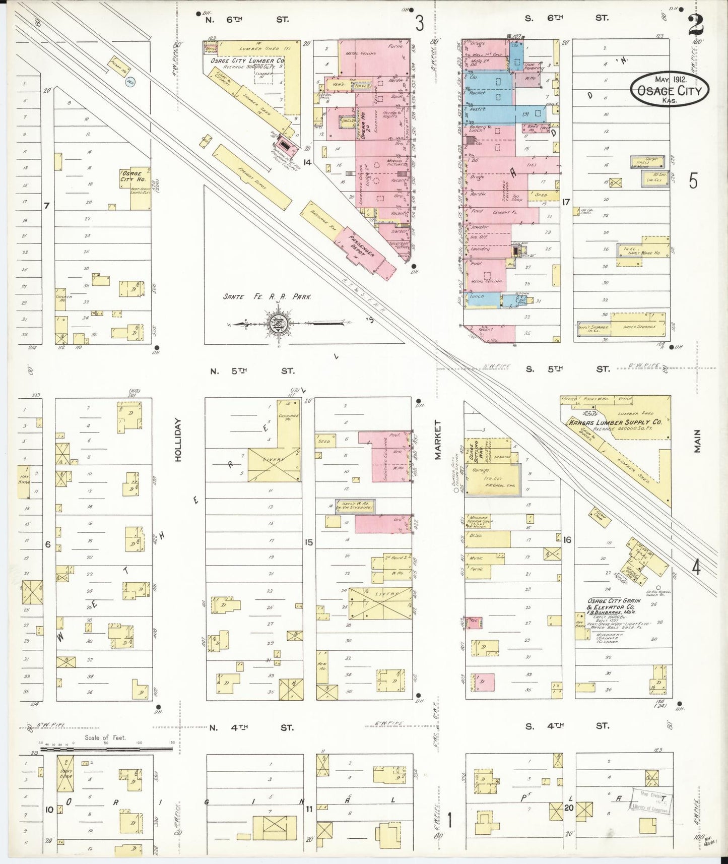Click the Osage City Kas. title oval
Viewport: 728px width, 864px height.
[x=669, y=89]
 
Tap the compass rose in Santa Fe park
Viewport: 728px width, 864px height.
[x=277, y=323]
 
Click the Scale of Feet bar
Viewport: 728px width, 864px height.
[x=106, y=749]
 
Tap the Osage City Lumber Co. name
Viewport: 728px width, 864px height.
[x=246, y=60]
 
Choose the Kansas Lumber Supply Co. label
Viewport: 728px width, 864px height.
[x=615, y=422]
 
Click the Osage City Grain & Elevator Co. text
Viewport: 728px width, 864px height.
[x=613, y=603]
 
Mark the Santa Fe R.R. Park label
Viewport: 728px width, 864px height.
[x=267, y=297]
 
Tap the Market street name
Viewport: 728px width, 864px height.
[x=437, y=440]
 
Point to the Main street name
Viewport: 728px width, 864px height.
[x=697, y=441]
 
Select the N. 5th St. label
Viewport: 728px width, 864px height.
[x=251, y=371]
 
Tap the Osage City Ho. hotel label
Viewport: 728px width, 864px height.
[x=132, y=176]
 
